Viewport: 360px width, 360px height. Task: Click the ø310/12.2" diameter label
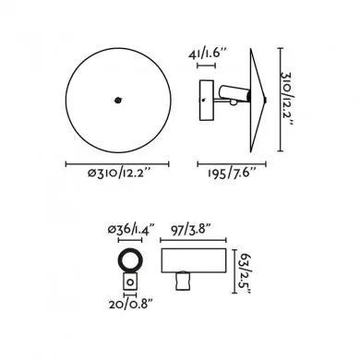(119, 174)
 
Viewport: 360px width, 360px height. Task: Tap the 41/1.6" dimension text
(208, 54)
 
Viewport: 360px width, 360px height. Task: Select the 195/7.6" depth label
(232, 173)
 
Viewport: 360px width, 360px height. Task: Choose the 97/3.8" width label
(191, 230)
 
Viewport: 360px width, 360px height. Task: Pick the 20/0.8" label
(131, 305)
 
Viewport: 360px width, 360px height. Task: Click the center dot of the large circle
(117, 100)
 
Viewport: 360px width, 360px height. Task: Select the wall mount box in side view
(206, 101)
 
